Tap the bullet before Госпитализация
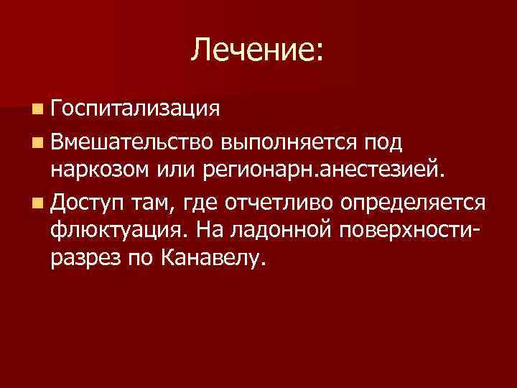click(37, 109)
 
